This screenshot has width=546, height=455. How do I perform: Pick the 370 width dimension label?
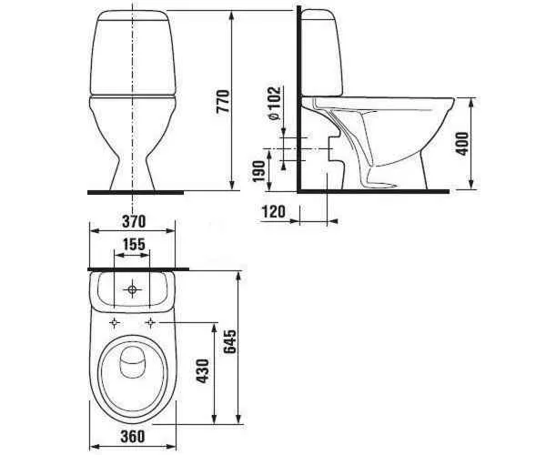pos(134,222)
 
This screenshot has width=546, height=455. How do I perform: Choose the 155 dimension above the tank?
pos(134,244)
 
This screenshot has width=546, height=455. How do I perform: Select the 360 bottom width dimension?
pos(134,437)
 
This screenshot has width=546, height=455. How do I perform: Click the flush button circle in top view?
pos(134,290)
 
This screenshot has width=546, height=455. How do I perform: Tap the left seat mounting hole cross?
pos(114,323)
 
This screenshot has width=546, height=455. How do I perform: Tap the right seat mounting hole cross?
pos(150,323)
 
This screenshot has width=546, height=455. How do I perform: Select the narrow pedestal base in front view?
pos(135,173)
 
